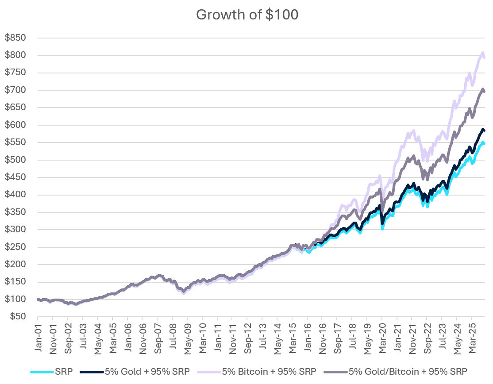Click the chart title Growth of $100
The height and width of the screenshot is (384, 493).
247,15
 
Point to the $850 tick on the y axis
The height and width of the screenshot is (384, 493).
15,38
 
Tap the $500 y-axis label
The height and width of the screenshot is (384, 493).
15,160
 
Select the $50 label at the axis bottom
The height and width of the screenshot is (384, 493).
17,317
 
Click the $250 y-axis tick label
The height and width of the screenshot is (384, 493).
15,247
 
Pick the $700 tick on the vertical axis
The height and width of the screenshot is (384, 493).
15,90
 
